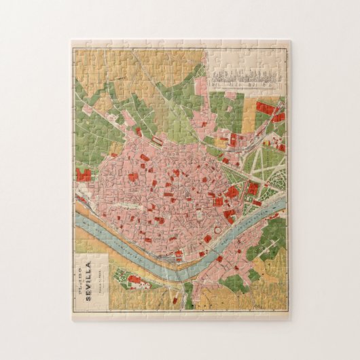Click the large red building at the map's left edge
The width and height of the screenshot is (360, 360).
pos(84,175)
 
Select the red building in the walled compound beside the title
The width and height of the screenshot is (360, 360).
pos(133,279)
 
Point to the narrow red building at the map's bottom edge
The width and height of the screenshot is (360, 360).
pos(174,299)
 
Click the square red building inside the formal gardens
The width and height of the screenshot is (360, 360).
pos(253,188)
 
